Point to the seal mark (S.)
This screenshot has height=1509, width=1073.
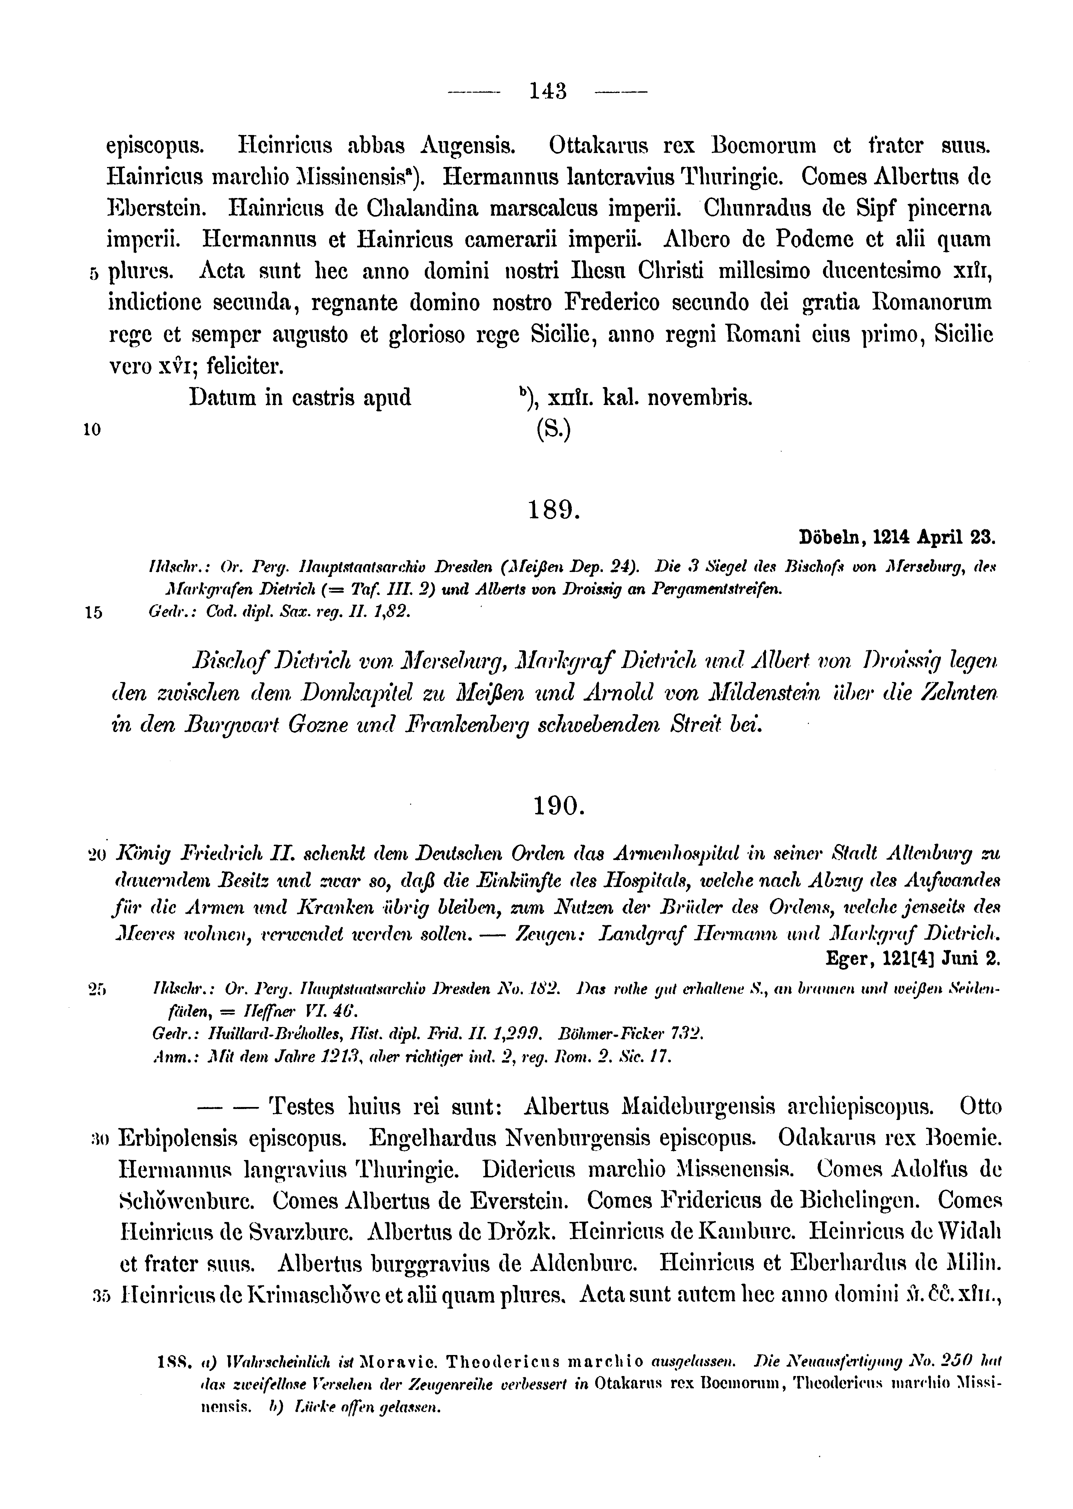[x=553, y=430]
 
